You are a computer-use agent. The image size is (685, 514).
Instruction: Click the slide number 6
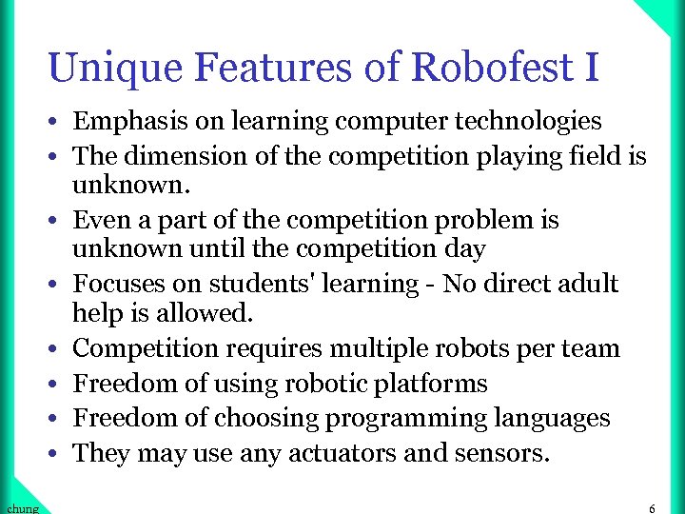pos(652,508)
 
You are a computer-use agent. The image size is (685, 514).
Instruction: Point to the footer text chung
pos(21,508)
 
